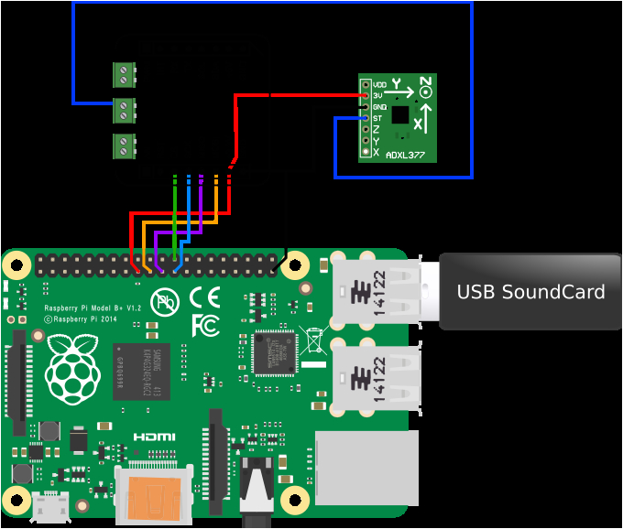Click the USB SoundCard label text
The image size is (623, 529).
530,292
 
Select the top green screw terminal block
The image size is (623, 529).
125,75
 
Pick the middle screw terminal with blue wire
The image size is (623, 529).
125,111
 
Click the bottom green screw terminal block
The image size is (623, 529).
125,146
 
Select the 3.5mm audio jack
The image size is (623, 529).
257,490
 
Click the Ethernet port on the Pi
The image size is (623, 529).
366,467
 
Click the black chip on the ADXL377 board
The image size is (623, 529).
400,114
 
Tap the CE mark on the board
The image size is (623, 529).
204,297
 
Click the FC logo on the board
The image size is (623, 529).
204,324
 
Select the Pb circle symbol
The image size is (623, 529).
166,300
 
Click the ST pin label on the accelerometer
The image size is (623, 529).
377,118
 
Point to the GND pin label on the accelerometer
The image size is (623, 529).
379,107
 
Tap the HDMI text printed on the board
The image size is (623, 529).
154,437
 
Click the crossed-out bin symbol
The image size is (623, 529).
313,340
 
